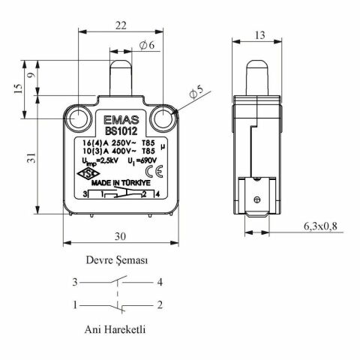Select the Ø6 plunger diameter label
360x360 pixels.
point(147,46)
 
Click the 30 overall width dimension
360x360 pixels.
point(119,235)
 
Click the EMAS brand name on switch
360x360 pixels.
point(119,118)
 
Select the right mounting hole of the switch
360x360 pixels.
point(161,118)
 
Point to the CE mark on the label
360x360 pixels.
point(158,169)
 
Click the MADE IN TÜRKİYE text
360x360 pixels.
point(122,181)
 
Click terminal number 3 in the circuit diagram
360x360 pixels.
point(75,283)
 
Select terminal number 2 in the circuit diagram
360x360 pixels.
point(160,305)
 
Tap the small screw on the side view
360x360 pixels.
point(257,199)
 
